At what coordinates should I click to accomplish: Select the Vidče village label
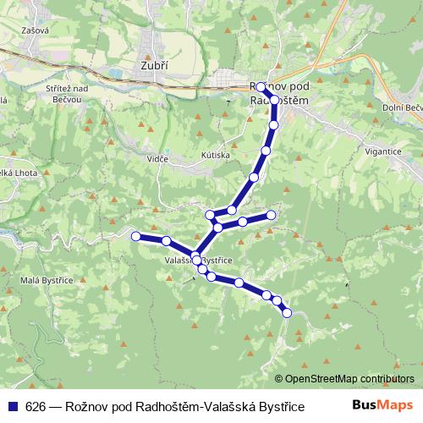tap(157, 159)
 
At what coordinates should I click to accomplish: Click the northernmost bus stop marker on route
tap(261, 87)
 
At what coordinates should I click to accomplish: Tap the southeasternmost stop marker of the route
tap(286, 313)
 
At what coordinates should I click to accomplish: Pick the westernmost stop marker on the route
tap(135, 236)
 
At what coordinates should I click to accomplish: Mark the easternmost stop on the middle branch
tap(271, 215)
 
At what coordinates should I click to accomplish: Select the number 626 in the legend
tap(36, 405)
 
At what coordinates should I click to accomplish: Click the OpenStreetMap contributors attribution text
tap(349, 378)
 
